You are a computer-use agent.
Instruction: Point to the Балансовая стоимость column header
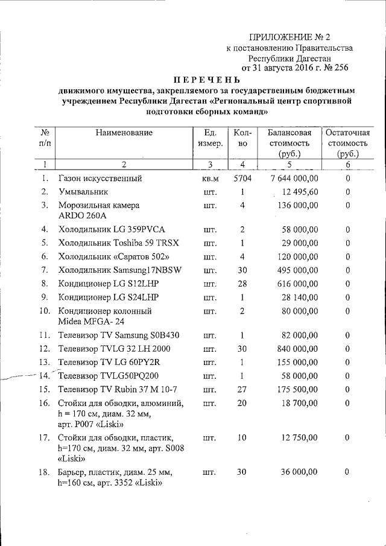pyautogui.click(x=289, y=143)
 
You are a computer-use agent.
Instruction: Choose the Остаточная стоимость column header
pyautogui.click(x=347, y=143)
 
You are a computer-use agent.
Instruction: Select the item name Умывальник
pyautogui.click(x=83, y=192)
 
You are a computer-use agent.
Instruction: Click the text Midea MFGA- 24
pyautogui.click(x=90, y=321)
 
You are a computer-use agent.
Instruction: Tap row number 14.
pyautogui.click(x=44, y=375)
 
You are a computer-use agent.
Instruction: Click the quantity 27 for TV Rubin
pyautogui.click(x=241, y=389)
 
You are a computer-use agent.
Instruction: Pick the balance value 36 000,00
pyautogui.click(x=299, y=472)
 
